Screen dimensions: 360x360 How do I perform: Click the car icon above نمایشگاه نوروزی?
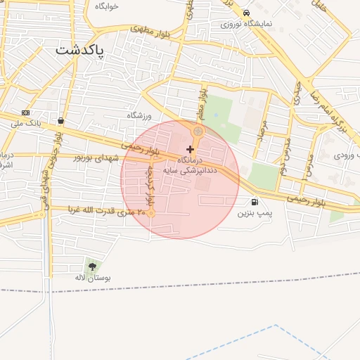tap(245, 13)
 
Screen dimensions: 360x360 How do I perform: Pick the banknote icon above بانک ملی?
tap(26, 112)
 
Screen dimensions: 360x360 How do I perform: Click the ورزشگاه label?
tap(140, 115)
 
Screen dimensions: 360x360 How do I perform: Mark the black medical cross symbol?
tap(190, 149)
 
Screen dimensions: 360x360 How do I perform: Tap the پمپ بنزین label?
tap(254, 212)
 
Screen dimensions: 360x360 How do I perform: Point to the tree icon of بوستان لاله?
tap(92, 266)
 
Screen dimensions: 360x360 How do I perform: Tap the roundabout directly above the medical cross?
tap(198, 131)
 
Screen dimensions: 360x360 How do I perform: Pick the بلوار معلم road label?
tap(202, 101)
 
